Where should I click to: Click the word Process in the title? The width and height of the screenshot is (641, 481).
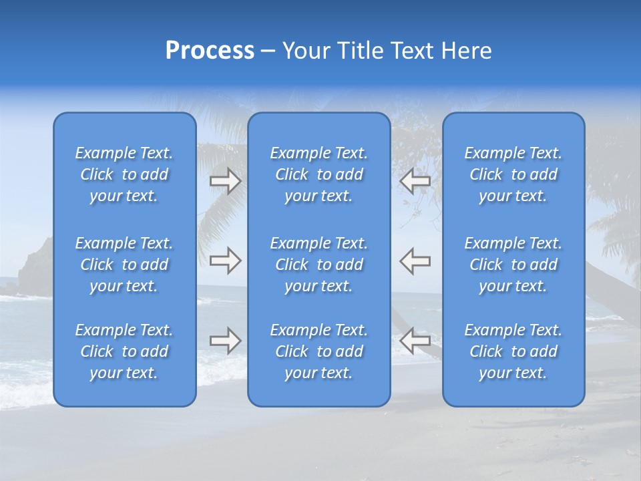pyautogui.click(x=210, y=51)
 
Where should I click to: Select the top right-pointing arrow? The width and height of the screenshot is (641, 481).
pyautogui.click(x=226, y=181)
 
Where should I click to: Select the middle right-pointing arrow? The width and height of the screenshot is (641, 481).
pyautogui.click(x=226, y=261)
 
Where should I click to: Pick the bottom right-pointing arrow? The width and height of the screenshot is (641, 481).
pyautogui.click(x=226, y=341)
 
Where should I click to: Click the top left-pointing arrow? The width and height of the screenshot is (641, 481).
pyautogui.click(x=415, y=181)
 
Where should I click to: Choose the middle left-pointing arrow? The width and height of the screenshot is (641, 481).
pyautogui.click(x=415, y=261)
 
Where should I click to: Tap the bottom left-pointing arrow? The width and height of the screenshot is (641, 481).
pyautogui.click(x=415, y=341)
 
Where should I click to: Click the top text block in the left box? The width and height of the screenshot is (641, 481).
pyautogui.click(x=124, y=174)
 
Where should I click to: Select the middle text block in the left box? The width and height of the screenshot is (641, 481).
pyautogui.click(x=124, y=265)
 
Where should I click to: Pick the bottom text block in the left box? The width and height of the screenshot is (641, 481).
pyautogui.click(x=124, y=351)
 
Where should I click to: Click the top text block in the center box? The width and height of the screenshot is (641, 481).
pyautogui.click(x=318, y=174)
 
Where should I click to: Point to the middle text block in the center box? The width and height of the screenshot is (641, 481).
pyautogui.click(x=318, y=265)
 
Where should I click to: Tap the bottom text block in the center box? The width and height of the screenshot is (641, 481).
pyautogui.click(x=318, y=351)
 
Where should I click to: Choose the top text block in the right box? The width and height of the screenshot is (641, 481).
pyautogui.click(x=513, y=174)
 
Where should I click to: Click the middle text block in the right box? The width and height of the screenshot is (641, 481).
pyautogui.click(x=513, y=265)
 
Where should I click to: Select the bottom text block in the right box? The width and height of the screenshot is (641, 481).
pyautogui.click(x=513, y=351)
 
